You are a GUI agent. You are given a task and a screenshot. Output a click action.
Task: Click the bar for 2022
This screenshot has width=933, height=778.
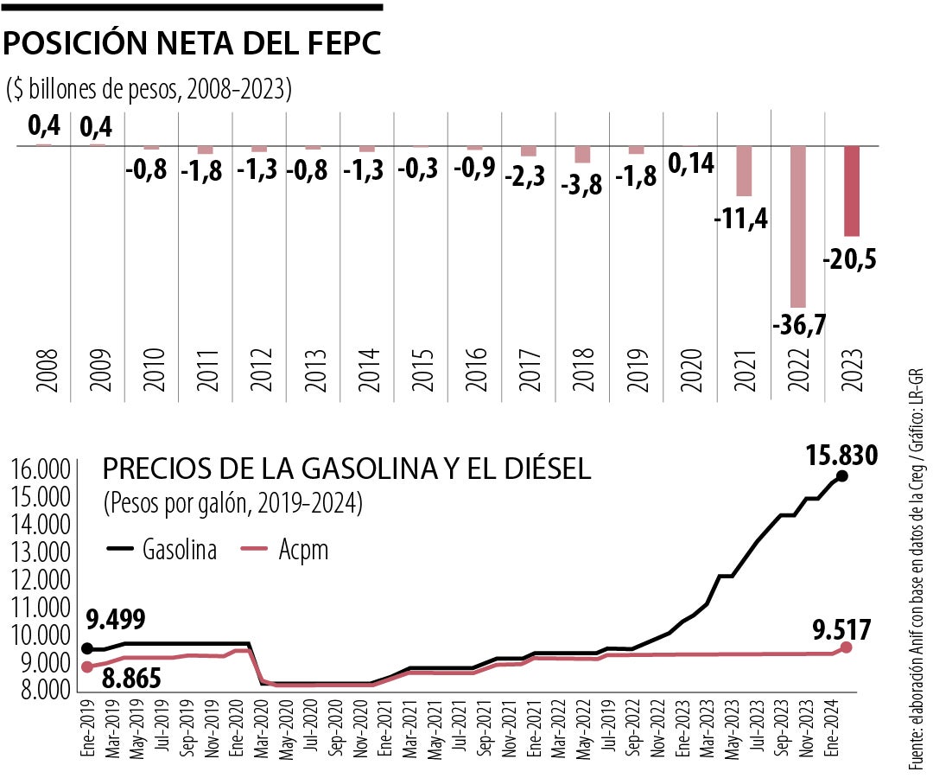click(x=798, y=226)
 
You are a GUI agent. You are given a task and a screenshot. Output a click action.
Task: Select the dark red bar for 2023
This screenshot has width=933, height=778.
click(x=852, y=191)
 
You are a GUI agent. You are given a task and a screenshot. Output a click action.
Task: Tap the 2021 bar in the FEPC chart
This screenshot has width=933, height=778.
click(x=744, y=171)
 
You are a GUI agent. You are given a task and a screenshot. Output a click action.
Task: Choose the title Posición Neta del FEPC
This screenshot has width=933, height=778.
click(x=193, y=44)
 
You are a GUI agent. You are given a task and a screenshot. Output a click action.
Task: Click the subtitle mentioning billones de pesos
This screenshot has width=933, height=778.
click(x=149, y=88)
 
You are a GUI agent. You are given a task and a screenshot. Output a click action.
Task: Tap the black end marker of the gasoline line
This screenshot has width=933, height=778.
click(x=842, y=476)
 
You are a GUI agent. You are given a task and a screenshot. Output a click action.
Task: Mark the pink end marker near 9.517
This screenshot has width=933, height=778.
click(x=846, y=647)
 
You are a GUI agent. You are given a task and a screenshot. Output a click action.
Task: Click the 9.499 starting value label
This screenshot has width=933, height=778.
click(x=115, y=619)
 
